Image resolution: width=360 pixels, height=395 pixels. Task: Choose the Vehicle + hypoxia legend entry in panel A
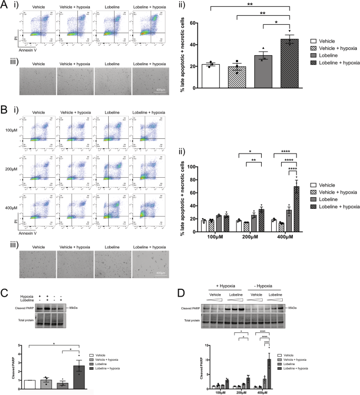pyautogui.click(x=330, y=49)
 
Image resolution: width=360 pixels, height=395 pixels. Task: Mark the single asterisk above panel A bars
pyautogui.click(x=270, y=24)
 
